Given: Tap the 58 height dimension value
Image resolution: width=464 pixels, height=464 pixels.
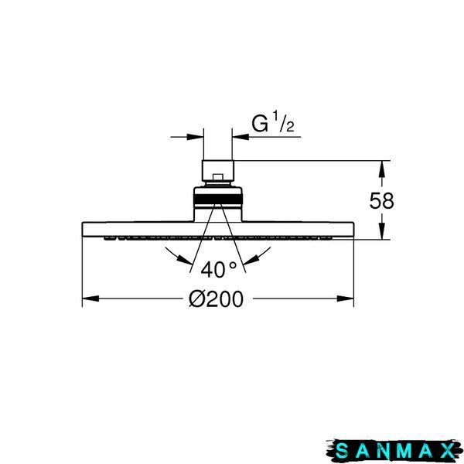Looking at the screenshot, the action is click(381, 200).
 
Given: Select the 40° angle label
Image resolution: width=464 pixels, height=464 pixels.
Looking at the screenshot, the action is click(218, 270).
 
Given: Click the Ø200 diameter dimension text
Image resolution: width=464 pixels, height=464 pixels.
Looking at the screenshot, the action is click(216, 299).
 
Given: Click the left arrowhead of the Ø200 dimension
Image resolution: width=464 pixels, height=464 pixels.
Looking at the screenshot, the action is click(90, 299).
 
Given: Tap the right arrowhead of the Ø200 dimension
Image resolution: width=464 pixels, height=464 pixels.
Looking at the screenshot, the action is click(346, 299).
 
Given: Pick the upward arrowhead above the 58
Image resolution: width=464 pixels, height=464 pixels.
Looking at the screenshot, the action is click(381, 169).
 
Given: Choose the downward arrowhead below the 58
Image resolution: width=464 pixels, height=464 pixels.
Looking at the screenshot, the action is click(381, 230).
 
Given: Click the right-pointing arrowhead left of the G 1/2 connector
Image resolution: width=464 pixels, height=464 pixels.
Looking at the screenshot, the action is click(196, 137).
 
